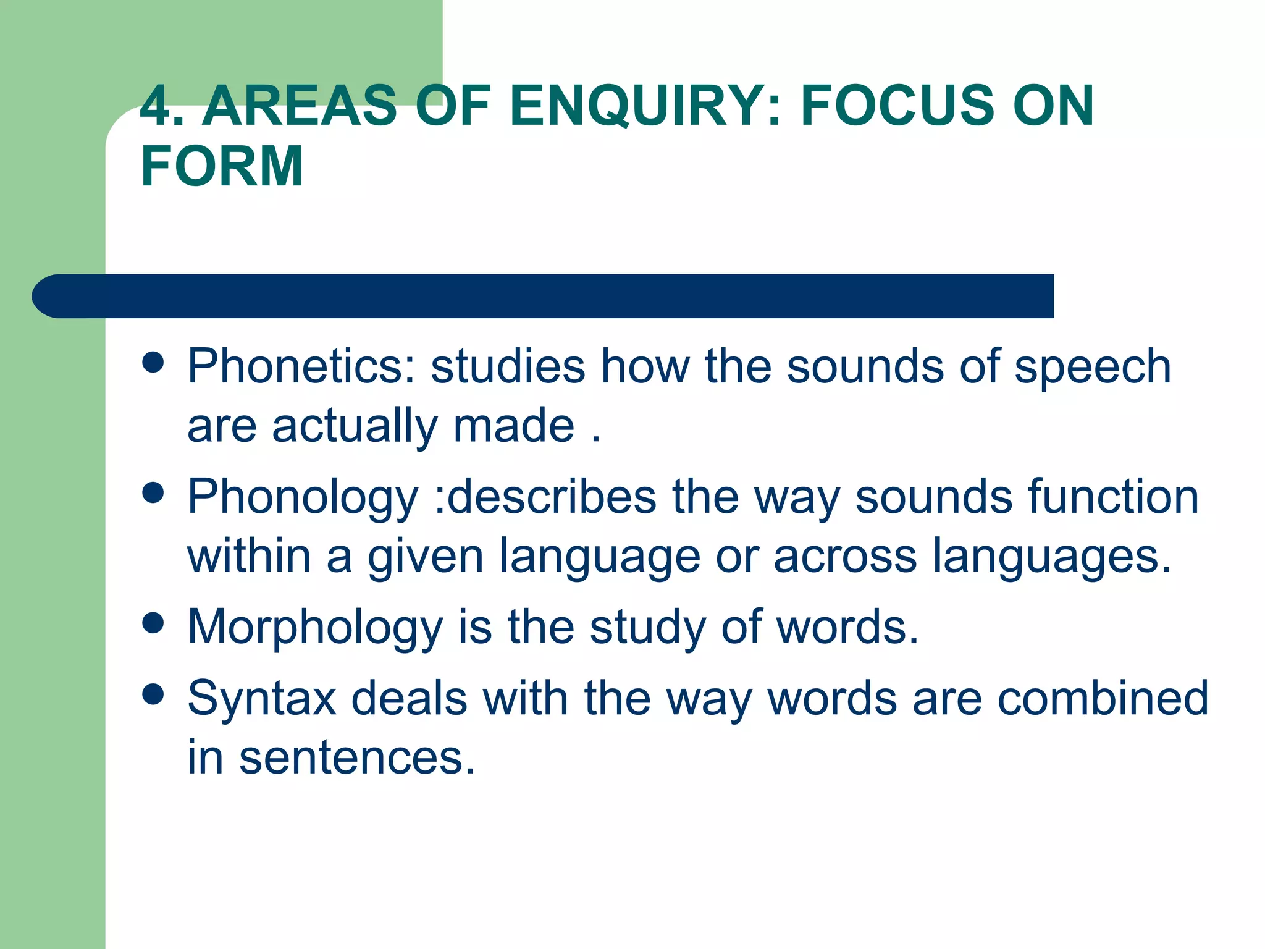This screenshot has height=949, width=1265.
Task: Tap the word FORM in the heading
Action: (222, 166)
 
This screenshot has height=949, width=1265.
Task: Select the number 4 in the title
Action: (156, 106)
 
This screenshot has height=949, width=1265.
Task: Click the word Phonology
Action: (303, 498)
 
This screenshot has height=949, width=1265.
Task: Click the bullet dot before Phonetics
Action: (153, 363)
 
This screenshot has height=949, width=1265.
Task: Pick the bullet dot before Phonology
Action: (153, 493)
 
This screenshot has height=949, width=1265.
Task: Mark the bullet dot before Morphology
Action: (153, 623)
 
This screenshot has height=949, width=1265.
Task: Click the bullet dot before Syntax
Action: (153, 694)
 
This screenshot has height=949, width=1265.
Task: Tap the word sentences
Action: (357, 758)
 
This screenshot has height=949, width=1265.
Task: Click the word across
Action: (845, 556)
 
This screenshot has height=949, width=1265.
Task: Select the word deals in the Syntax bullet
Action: (409, 699)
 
